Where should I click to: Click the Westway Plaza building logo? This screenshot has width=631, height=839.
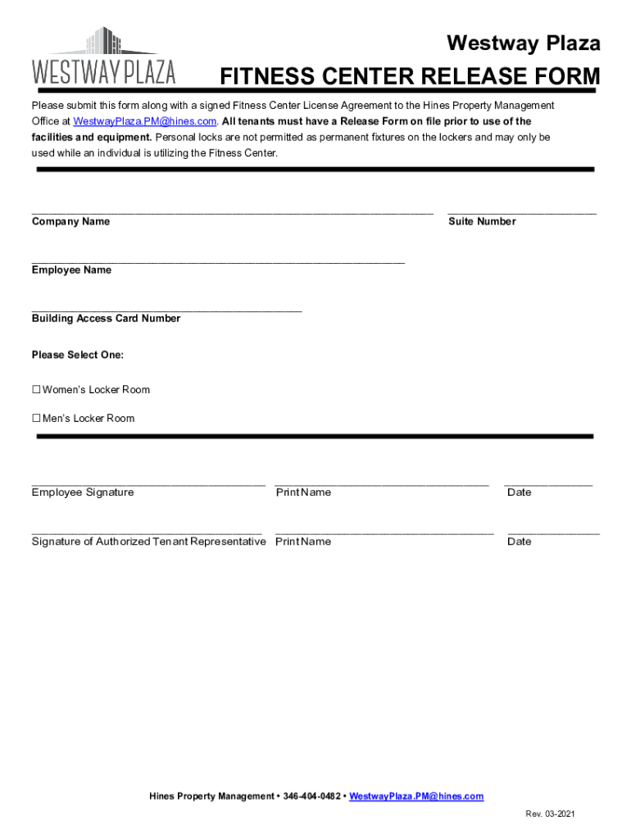(103, 56)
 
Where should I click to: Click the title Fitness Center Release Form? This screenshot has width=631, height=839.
(410, 78)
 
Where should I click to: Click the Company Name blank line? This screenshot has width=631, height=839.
(232, 211)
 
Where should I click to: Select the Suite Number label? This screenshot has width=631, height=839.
(482, 222)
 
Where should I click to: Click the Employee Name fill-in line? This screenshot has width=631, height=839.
(218, 261)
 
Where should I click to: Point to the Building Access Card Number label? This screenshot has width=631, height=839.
(106, 319)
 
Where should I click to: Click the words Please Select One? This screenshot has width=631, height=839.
(78, 355)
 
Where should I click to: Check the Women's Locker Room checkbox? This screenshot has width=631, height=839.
(36, 390)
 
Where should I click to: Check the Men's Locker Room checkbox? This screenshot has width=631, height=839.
(36, 419)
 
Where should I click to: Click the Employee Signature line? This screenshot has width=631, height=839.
(148, 483)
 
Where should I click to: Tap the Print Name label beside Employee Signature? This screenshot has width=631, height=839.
(303, 492)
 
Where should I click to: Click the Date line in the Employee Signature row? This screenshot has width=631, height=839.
(548, 483)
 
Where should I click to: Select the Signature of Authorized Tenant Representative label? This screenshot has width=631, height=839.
(148, 542)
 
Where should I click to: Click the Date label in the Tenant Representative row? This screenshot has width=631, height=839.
(519, 542)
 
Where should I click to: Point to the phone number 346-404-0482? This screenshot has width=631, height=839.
(312, 796)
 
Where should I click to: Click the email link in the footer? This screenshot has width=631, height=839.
(416, 796)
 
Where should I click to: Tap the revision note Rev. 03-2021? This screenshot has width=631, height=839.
(551, 814)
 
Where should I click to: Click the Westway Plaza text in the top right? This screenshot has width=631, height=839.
(523, 43)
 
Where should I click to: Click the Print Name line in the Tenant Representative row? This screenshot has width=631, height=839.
(384, 533)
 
